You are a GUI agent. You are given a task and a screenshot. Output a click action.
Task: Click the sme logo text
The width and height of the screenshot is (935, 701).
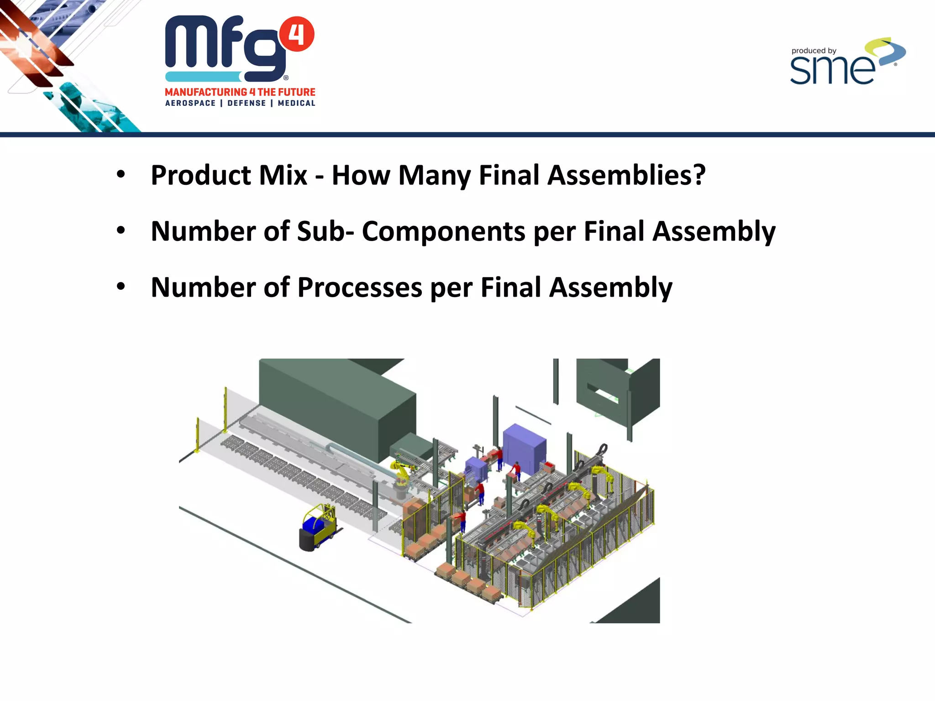point(832,70)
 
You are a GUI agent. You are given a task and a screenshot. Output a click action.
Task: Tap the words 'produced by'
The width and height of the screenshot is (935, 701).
point(814,51)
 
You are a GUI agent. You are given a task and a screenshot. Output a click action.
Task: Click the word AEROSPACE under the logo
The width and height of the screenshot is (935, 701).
point(190,103)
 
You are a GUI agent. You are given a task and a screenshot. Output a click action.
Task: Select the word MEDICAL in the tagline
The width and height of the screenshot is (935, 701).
point(297,103)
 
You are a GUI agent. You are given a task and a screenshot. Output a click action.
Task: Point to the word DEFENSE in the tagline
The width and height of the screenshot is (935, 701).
point(247,103)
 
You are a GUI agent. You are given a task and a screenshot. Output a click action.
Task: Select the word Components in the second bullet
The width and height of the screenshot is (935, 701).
point(443,231)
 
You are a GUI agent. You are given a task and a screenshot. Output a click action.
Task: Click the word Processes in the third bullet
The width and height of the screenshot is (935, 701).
point(360,288)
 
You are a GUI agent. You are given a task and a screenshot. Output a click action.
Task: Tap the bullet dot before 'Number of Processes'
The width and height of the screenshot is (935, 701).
point(121,287)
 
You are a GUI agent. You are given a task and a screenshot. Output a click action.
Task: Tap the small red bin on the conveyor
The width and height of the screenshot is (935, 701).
point(547,466)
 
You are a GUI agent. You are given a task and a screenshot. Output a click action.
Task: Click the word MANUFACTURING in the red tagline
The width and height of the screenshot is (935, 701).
point(206,92)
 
